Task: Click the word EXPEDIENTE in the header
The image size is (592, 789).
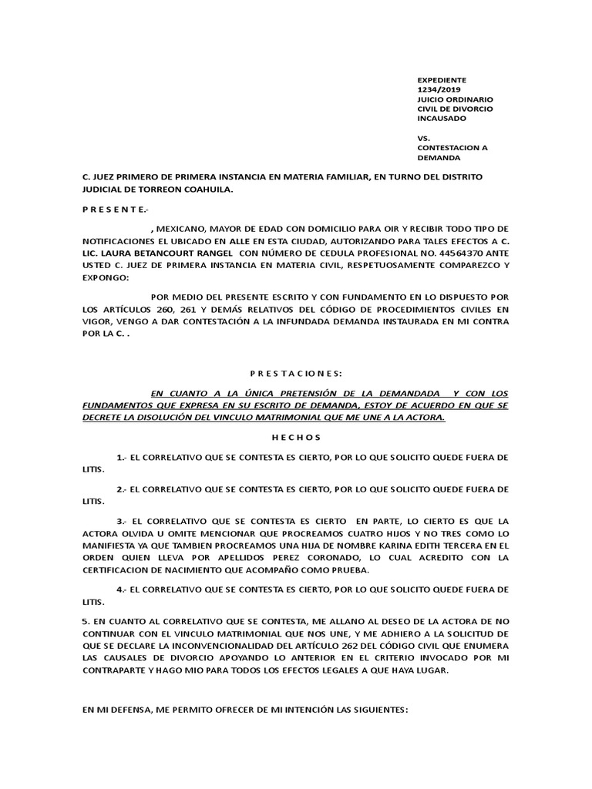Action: click(x=442, y=79)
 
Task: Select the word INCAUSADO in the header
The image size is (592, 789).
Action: click(x=442, y=119)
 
